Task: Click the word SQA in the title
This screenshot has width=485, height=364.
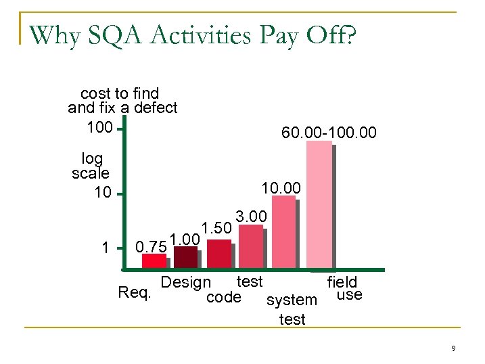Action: [x=120, y=35]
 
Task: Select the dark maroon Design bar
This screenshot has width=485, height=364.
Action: [x=185, y=257]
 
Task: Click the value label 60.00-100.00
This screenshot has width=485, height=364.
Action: [x=329, y=134]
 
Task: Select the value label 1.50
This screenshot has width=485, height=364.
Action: [x=216, y=228]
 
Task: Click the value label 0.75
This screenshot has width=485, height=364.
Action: [x=150, y=246]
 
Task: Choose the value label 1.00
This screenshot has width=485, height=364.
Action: [x=184, y=239]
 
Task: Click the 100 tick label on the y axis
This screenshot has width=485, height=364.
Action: [x=100, y=127]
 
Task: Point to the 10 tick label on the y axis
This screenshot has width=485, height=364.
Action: [x=103, y=194]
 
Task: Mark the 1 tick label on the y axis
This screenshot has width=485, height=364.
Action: [x=105, y=248]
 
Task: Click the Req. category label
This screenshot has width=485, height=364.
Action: [x=135, y=292]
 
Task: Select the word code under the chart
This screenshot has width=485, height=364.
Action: [x=223, y=297]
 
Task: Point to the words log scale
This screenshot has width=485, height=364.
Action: [x=91, y=166]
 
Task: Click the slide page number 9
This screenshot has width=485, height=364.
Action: [x=453, y=348]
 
